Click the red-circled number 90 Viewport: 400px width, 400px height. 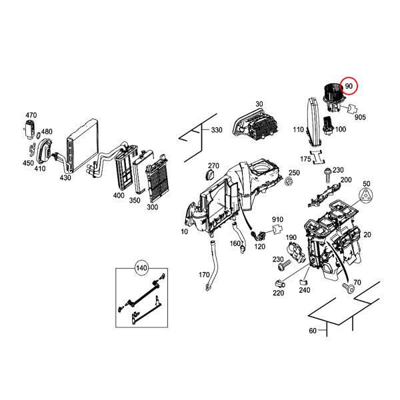pyautogui.click(x=349, y=87)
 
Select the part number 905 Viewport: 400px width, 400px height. pyautogui.click(x=360, y=117)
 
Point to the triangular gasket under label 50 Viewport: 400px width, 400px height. pyautogui.click(x=365, y=195)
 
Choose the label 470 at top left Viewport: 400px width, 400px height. pyautogui.click(x=31, y=115)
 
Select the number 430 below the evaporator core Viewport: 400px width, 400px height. pyautogui.click(x=65, y=177)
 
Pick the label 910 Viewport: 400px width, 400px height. pyautogui.click(x=277, y=219)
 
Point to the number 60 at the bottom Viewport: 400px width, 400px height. pyautogui.click(x=313, y=331)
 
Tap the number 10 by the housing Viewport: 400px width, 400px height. pyautogui.click(x=184, y=231)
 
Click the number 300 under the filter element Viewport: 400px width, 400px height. pyautogui.click(x=152, y=207)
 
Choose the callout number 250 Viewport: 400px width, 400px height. pyautogui.click(x=294, y=173)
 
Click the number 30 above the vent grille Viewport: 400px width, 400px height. pyautogui.click(x=259, y=104)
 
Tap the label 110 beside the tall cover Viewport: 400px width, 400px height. pyautogui.click(x=298, y=130)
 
